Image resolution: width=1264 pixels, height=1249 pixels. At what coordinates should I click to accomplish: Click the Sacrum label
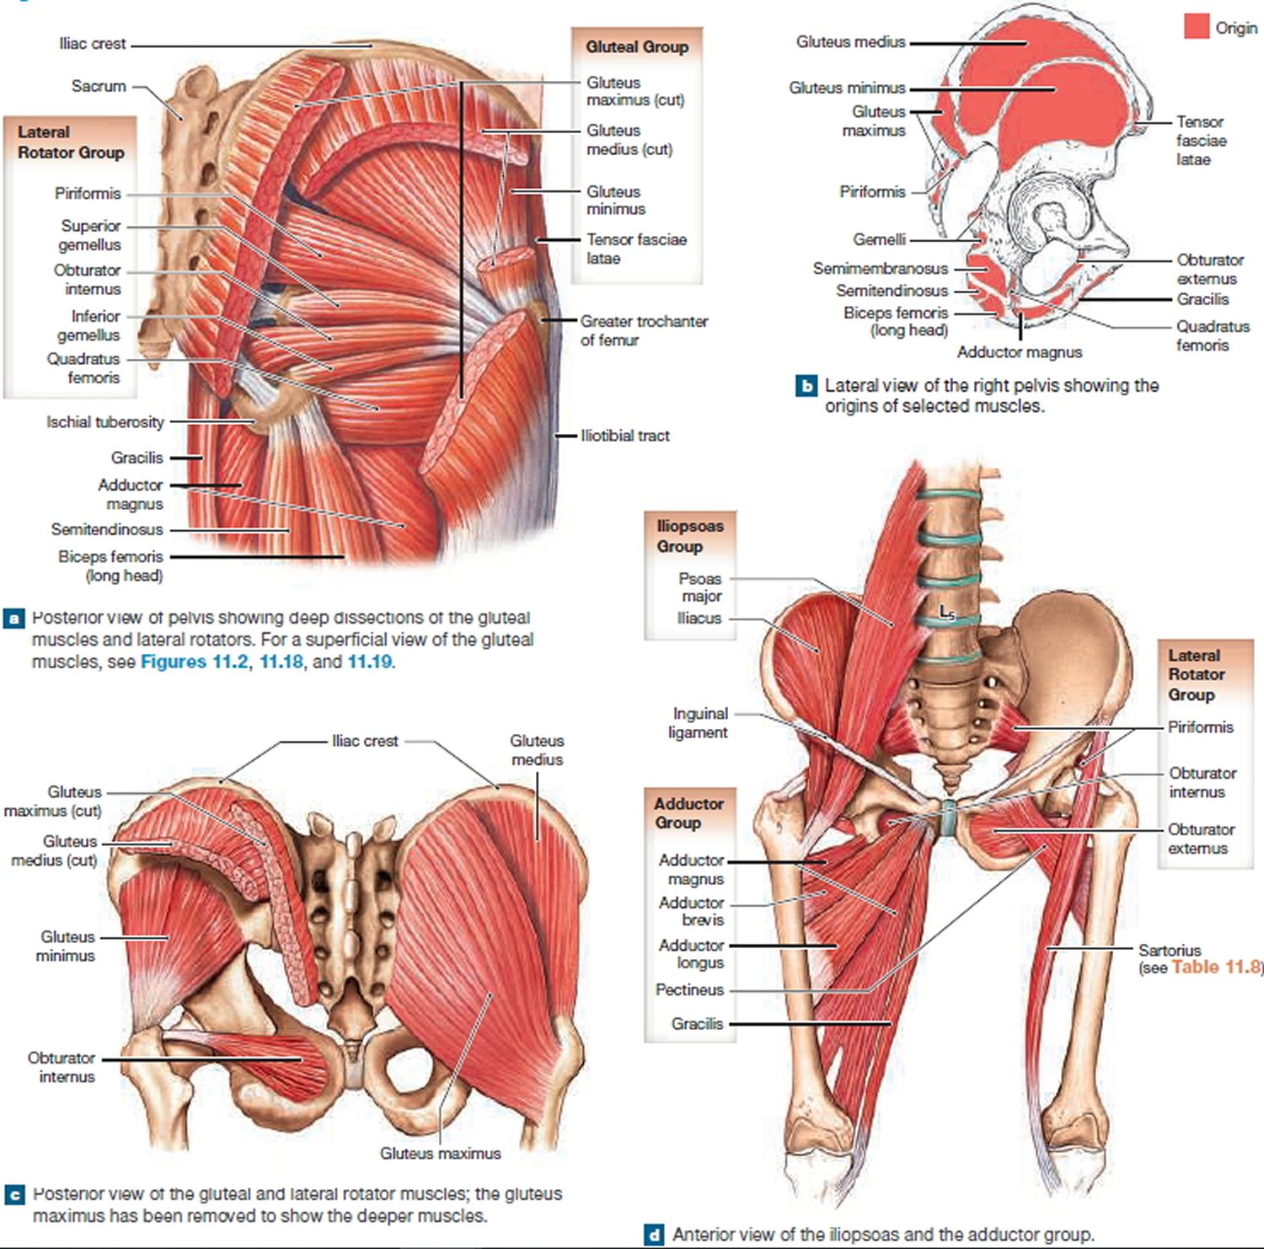pyautogui.click(x=99, y=86)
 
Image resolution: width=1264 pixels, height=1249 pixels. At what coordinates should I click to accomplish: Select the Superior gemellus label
pyautogui.click(x=90, y=235)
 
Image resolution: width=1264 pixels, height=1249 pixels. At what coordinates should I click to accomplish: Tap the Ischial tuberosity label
pyautogui.click(x=105, y=422)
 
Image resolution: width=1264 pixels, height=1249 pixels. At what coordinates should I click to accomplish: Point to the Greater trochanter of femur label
pyautogui.click(x=644, y=330)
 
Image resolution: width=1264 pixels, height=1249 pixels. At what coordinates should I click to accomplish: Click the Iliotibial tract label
pyautogui.click(x=625, y=436)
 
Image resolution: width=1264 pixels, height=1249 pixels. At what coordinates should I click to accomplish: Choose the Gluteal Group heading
pyautogui.click(x=637, y=47)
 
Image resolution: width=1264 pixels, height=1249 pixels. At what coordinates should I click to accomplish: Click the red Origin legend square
pyautogui.click(x=1197, y=26)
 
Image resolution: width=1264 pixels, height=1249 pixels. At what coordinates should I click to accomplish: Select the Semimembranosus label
pyautogui.click(x=881, y=269)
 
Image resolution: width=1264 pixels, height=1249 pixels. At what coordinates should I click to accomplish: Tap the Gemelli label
pyautogui.click(x=879, y=240)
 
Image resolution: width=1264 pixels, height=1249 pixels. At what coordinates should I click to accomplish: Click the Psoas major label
pyautogui.click(x=701, y=587)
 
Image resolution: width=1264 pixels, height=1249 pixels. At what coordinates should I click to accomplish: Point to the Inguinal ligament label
pyautogui.click(x=699, y=723)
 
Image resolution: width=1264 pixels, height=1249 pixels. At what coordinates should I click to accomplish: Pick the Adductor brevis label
pyautogui.click(x=692, y=911)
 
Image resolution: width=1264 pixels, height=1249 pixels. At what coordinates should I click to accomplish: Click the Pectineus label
pyautogui.click(x=690, y=989)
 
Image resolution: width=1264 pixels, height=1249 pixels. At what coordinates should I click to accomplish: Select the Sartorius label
pyautogui.click(x=1170, y=950)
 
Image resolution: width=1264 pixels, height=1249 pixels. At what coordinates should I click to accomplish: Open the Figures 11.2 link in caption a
pyautogui.click(x=194, y=662)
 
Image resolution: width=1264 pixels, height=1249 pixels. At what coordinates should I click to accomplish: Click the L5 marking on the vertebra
pyautogui.click(x=948, y=612)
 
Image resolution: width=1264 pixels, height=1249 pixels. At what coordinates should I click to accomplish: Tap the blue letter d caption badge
pyautogui.click(x=654, y=1235)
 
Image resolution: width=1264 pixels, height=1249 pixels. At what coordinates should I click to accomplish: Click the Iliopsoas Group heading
pyautogui.click(x=690, y=536)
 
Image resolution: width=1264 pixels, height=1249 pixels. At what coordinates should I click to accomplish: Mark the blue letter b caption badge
pyautogui.click(x=806, y=386)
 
